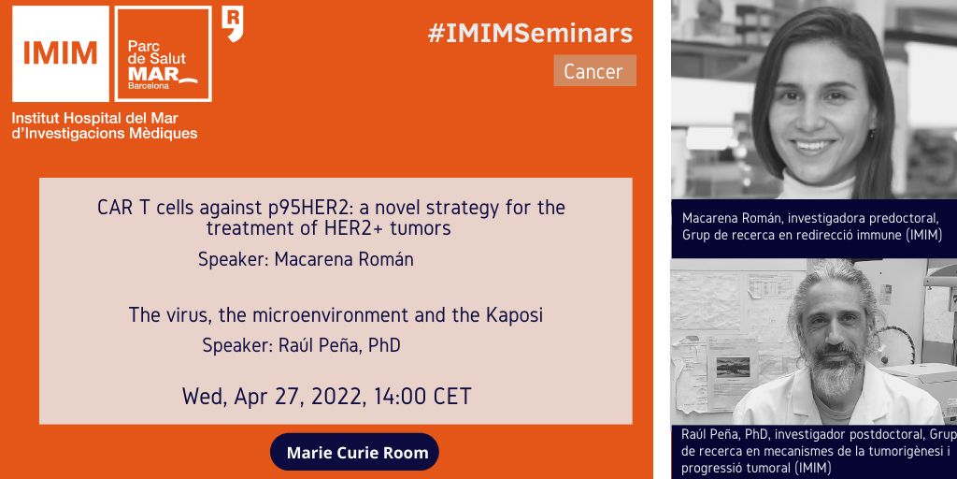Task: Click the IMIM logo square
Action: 61,53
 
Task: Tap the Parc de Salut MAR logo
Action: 163,53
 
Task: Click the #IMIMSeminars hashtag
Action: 530,34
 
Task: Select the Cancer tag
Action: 594,71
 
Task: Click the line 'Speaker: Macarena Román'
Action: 306,259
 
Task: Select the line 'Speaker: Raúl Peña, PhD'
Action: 302,345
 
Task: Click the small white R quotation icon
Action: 232,23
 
